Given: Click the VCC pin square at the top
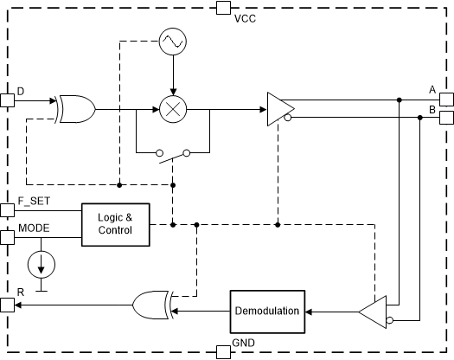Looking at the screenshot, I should (222, 8).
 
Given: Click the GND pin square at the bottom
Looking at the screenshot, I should (222, 350).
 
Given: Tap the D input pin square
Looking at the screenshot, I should (7, 100).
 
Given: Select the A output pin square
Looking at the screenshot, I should (446, 100).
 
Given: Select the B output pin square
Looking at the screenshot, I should (446, 118).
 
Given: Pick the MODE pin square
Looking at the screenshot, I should (7, 237).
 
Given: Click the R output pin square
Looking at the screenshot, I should (7, 304).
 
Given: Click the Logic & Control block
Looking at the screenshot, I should (114, 224).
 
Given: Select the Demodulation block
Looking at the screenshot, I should (267, 311).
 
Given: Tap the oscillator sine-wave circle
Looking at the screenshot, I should (173, 40).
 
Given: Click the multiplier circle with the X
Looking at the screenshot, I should (173, 109).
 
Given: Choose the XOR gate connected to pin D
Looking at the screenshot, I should (77, 109).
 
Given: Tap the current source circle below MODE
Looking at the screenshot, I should (40, 262).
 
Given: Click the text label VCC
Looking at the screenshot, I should (246, 18).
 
